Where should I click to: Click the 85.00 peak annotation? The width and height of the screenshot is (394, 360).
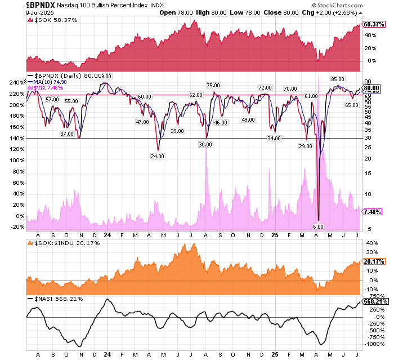pos(337,79)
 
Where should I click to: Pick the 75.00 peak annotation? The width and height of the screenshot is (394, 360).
pos(213,85)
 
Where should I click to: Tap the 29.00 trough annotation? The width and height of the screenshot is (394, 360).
pos(306,146)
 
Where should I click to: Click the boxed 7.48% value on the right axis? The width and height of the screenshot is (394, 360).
pos(373,212)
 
